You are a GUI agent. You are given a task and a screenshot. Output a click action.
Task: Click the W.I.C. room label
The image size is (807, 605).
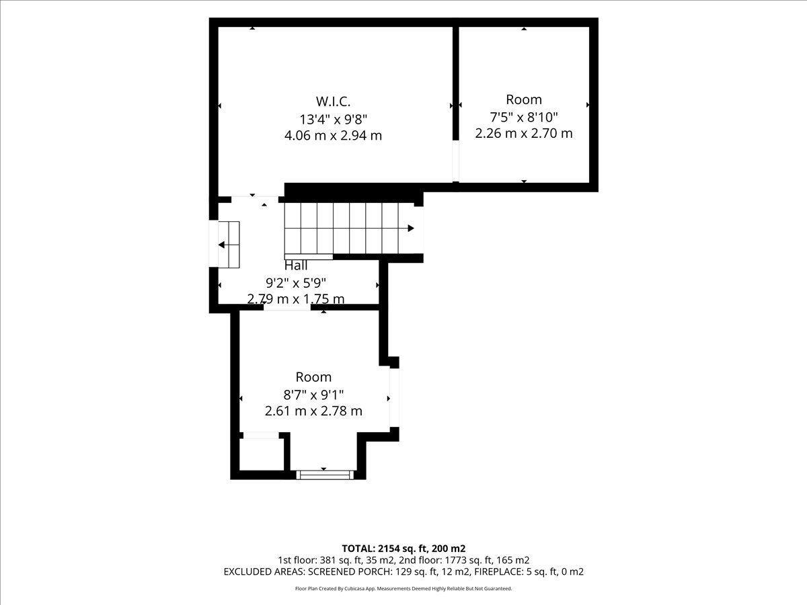tap(333, 101)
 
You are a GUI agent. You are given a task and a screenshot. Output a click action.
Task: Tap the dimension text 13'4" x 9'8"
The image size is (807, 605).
tap(333, 120)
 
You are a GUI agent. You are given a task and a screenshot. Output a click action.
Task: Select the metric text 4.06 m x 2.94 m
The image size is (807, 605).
tap(333, 136)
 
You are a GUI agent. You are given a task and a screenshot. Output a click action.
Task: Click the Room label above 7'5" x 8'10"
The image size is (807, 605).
tap(523, 99)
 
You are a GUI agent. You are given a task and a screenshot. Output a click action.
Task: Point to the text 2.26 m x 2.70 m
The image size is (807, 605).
tap(523, 133)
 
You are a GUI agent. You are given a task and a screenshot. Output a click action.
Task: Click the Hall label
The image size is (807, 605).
tap(296, 266)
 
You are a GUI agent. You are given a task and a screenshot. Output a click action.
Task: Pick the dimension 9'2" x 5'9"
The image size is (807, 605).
tap(296, 283)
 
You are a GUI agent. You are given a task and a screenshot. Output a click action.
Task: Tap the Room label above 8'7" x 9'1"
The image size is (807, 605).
tap(313, 377)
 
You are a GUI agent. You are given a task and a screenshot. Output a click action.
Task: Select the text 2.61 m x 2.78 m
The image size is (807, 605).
tap(313, 411)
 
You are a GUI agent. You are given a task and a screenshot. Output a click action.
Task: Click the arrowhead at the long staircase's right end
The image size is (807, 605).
tap(411, 228)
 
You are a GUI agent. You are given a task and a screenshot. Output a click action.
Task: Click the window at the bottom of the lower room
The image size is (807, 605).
tap(325, 475)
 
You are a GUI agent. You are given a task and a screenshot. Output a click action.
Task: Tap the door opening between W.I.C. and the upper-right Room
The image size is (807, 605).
tap(455, 161)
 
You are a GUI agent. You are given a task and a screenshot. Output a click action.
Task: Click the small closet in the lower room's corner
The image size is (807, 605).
tap(262, 454)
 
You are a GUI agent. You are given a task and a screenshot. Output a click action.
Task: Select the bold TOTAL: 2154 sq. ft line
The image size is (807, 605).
tap(403, 549)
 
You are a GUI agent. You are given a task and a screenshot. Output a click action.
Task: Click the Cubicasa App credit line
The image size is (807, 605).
tap(403, 588)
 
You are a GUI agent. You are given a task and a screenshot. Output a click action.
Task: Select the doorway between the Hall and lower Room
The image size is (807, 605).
tap(287, 307)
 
